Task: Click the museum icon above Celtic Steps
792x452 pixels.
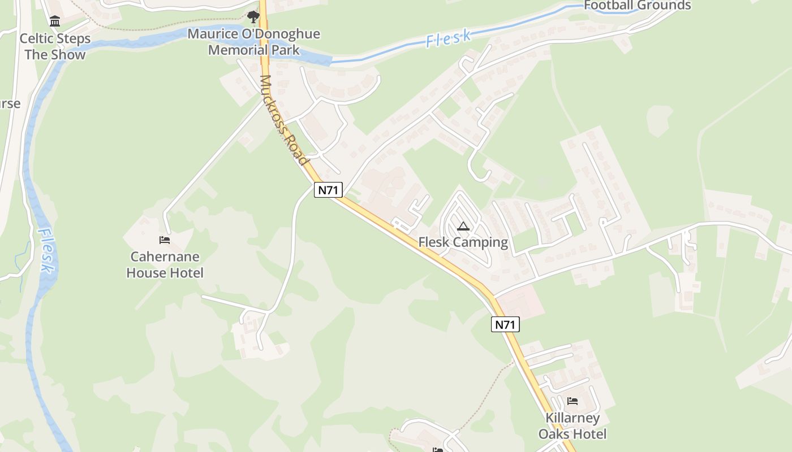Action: [55, 21]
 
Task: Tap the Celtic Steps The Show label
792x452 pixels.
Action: [55, 47]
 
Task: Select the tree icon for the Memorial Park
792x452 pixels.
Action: [253, 17]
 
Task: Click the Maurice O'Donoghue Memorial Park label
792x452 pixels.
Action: [253, 42]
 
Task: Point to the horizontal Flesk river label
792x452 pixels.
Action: [448, 38]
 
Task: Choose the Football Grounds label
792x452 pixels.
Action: [637, 6]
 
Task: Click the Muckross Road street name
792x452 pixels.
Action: [285, 120]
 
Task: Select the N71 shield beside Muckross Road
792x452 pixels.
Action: [328, 190]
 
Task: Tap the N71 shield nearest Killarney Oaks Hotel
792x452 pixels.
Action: [505, 324]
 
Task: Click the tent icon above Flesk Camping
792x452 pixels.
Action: [463, 227]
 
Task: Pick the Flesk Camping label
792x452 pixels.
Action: [463, 242]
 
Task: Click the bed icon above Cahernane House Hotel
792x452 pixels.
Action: [165, 240]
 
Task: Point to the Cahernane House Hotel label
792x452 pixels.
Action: [165, 265]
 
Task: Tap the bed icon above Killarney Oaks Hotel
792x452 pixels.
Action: [573, 401]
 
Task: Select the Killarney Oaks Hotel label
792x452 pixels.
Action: [573, 426]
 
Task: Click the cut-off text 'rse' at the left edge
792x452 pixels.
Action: [10, 104]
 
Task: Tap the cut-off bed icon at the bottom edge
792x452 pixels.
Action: [438, 450]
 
